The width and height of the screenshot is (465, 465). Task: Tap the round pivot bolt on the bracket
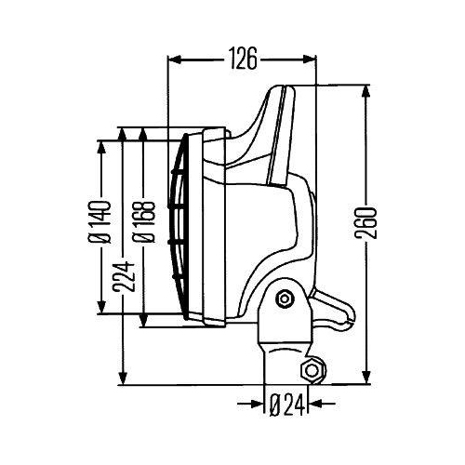(x=285, y=299)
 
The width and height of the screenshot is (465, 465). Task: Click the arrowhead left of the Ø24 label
(x=255, y=405)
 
